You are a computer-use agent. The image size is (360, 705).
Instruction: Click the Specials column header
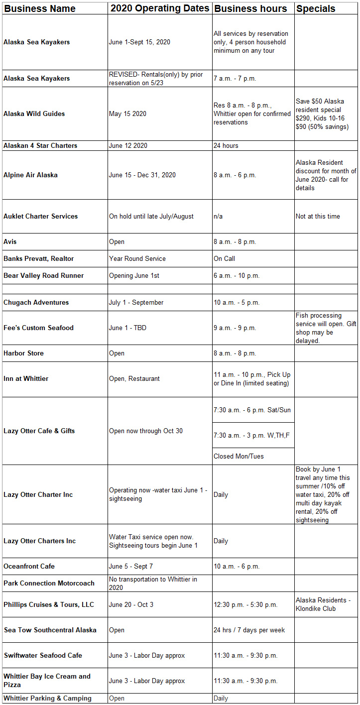316,8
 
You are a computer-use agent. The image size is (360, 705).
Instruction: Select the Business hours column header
250,8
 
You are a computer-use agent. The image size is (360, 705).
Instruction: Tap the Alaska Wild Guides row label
34,114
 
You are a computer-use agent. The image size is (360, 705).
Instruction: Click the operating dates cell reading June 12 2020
128,145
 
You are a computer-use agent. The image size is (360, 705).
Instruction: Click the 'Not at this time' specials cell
318,216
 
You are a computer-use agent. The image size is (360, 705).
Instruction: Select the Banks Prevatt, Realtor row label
38,258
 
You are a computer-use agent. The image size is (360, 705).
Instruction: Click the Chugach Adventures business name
36,302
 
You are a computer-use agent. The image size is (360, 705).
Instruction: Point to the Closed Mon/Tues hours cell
239,456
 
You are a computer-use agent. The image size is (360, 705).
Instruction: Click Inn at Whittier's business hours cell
252,378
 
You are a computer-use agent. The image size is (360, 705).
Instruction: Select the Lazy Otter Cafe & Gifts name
39,431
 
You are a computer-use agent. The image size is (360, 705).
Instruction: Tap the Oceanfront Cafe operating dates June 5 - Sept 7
131,566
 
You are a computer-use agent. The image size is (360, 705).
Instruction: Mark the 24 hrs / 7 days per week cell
249,630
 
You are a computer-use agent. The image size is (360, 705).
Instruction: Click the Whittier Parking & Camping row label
47,698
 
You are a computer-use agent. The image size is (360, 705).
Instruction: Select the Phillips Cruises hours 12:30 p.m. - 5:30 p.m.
245,604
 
